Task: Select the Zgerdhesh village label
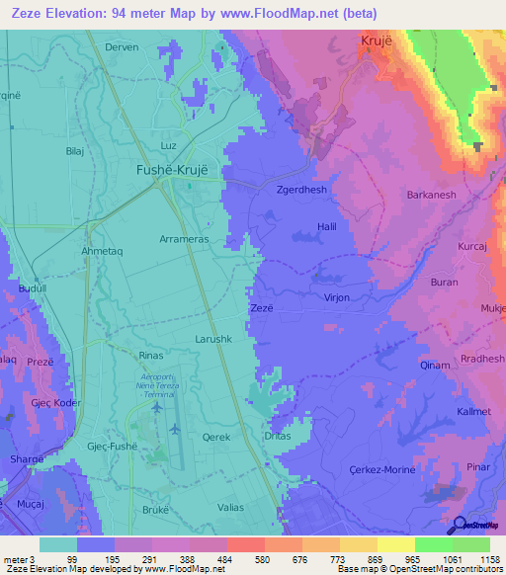tap(301, 190)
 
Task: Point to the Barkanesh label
tap(431, 195)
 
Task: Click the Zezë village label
tap(261, 308)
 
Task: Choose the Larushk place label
tap(212, 338)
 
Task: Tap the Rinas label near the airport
tap(151, 355)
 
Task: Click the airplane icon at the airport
tap(175, 429)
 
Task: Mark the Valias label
tap(228, 506)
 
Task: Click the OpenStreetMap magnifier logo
tap(459, 525)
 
